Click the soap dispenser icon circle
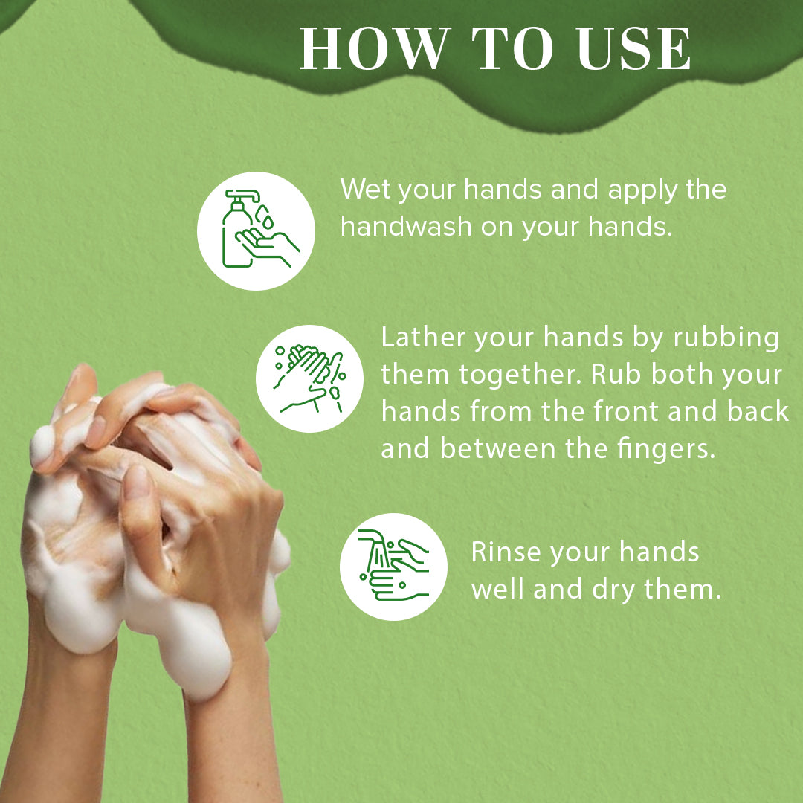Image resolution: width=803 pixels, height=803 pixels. (256, 230)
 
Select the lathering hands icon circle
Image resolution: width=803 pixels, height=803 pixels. (309, 378)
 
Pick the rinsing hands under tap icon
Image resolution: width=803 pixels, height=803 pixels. (393, 566)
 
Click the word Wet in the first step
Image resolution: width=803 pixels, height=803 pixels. (366, 189)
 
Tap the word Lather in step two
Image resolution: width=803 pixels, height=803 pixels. (423, 338)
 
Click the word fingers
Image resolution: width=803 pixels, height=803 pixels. (658, 448)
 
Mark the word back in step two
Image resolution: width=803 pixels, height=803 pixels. (758, 411)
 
